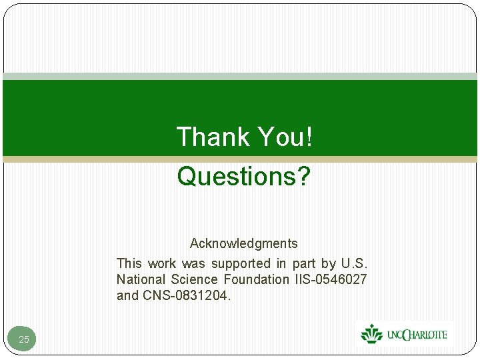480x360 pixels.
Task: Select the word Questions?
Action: coord(244,177)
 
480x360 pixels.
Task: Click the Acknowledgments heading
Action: coord(243,243)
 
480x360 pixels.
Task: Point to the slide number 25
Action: coord(24,339)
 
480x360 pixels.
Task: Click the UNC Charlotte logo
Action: coord(404,333)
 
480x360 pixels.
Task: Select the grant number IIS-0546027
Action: coord(329,279)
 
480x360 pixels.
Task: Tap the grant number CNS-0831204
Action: coord(187,295)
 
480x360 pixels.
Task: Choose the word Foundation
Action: coord(257,279)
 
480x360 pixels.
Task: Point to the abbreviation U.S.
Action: coord(354,263)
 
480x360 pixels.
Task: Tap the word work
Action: coord(162,263)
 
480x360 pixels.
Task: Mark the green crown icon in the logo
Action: coord(372,333)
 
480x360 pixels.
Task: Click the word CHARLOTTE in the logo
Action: coord(424,334)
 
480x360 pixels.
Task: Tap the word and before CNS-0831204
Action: coord(127,295)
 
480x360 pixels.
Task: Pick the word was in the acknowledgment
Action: coord(194,263)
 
